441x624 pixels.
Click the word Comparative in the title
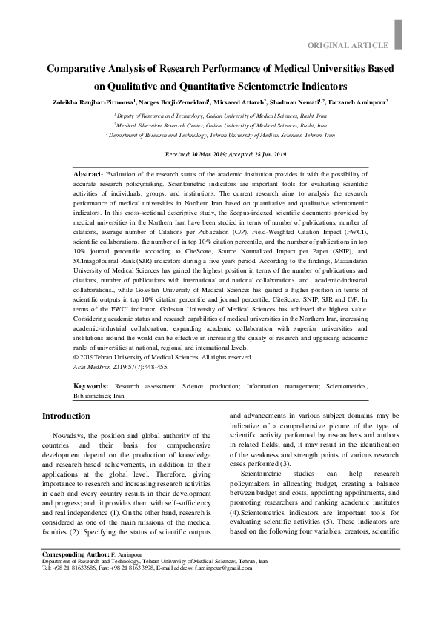pos(80,69)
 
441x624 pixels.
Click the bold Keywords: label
pos(91,386)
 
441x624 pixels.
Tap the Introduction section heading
pos(66,416)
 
